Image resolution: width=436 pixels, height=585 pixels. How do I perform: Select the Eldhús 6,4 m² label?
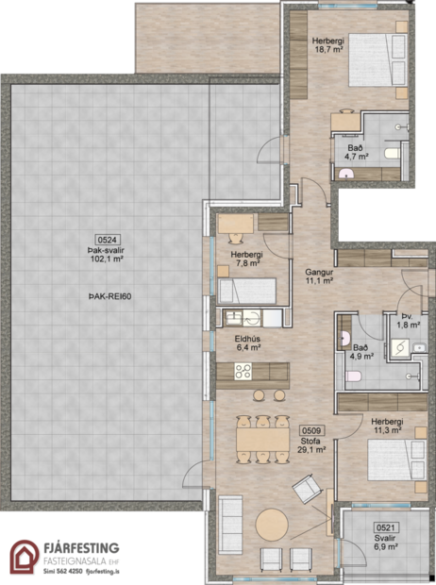pyautogui.click(x=248, y=341)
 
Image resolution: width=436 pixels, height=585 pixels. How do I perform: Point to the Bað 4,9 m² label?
pyautogui.click(x=363, y=353)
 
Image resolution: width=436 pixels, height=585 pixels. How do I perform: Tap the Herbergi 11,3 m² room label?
pyautogui.click(x=387, y=425)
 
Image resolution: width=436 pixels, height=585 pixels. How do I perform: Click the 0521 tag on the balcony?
pyautogui.click(x=385, y=529)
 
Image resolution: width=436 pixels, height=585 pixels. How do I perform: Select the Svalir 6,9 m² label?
pyautogui.click(x=385, y=543)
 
